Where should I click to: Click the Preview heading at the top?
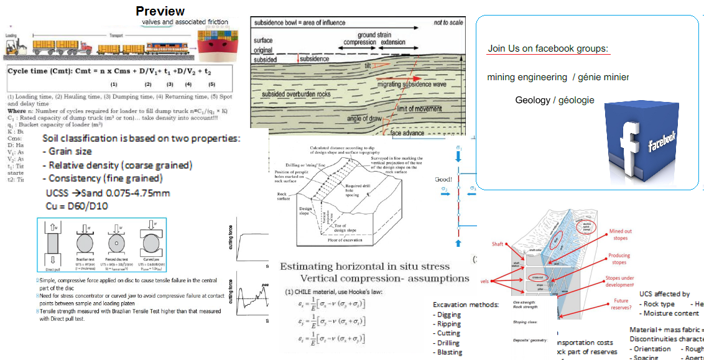(160, 11)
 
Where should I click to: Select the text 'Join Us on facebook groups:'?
(547, 48)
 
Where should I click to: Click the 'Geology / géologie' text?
(555, 100)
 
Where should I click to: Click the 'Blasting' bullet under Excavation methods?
(450, 352)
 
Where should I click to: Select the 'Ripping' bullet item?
(449, 324)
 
